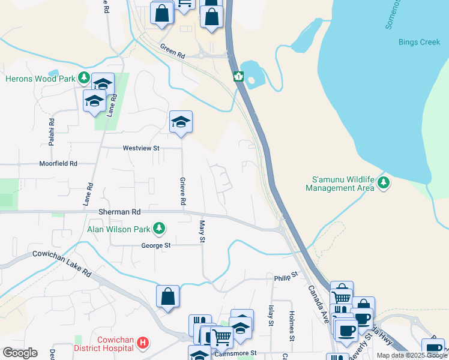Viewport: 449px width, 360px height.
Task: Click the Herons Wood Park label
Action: click(40, 79)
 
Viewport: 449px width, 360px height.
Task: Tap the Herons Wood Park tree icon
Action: click(84, 79)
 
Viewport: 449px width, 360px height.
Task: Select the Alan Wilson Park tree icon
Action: click(159, 228)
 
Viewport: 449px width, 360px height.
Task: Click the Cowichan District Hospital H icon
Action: click(143, 343)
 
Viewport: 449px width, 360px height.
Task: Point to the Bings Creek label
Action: click(420, 42)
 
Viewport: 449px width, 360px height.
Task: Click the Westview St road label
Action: click(141, 148)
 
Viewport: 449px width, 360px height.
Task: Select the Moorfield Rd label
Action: click(58, 163)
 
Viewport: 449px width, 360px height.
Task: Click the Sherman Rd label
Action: click(119, 212)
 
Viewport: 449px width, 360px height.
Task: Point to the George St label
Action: click(156, 245)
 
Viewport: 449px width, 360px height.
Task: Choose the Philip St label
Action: click(286, 277)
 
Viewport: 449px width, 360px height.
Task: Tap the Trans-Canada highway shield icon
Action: click(239, 76)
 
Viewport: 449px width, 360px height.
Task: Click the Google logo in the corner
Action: click(20, 353)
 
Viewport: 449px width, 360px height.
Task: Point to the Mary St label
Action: click(202, 231)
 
